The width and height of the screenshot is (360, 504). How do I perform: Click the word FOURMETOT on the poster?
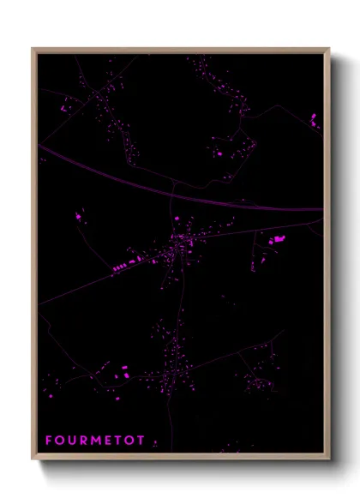coord(88,441)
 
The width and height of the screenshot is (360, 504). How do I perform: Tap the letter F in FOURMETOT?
coord(49,441)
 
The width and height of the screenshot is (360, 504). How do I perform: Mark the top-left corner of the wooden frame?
coord(33,49)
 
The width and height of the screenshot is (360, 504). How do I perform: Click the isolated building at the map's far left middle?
coord(79,217)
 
